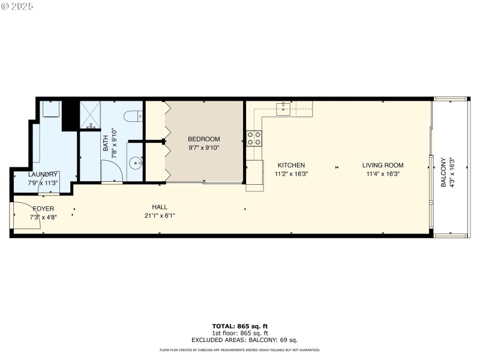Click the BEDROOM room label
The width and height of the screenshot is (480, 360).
click(204, 139)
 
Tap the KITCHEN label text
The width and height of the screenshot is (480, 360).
click(290, 165)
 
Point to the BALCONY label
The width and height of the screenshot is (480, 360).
click(443, 173)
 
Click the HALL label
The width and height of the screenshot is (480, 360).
click(160, 207)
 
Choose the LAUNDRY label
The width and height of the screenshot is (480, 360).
click(43, 175)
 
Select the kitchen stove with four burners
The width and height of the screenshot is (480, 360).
click(254, 139)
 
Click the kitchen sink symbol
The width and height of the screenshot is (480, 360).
click(283, 109)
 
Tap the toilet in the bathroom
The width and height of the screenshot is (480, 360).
click(131, 116)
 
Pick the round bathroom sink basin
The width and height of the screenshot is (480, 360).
click(137, 162)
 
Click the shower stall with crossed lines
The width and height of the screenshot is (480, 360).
click(90, 114)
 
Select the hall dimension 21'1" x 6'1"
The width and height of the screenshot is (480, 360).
click(160, 216)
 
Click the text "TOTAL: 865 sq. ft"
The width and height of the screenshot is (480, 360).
click(239, 326)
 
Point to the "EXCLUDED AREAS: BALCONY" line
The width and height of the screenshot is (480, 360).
click(239, 340)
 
